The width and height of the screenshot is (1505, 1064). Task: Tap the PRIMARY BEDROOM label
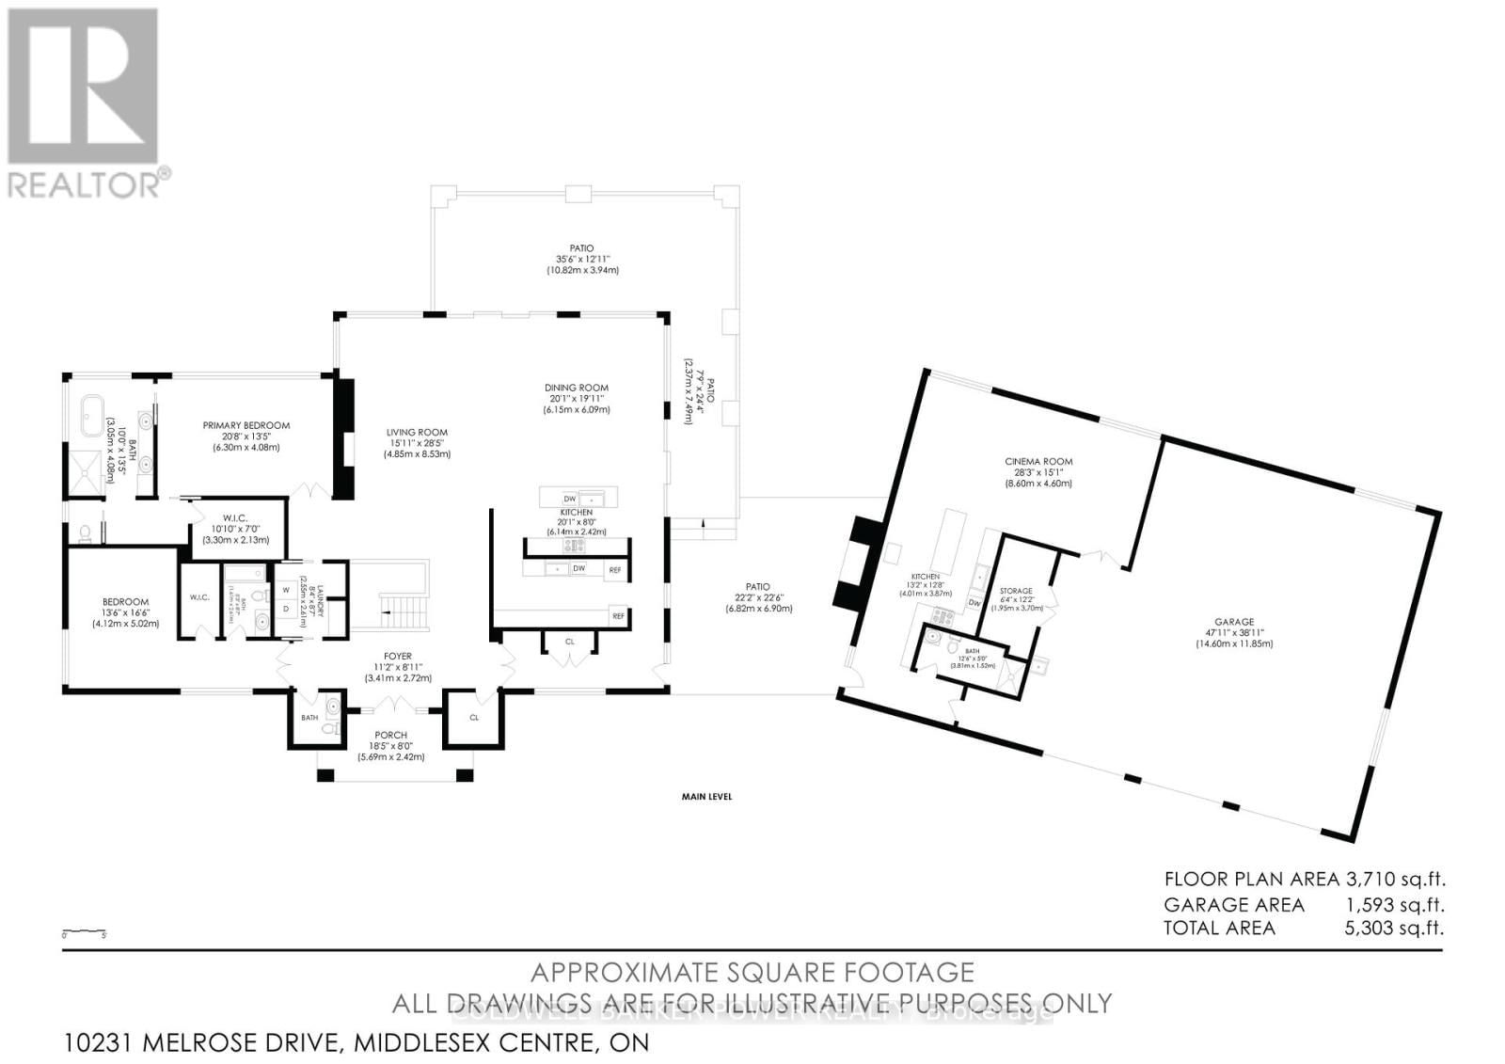(246, 425)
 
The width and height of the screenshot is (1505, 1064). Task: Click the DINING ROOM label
(576, 388)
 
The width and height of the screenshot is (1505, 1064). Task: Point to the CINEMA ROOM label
(1038, 461)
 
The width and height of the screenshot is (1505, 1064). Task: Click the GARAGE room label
(1233, 622)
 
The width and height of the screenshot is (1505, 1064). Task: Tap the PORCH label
(390, 735)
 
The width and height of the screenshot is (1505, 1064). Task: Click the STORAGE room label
(1016, 591)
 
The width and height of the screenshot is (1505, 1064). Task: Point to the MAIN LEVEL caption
(706, 797)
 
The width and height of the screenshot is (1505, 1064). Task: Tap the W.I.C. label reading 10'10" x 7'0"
(234, 517)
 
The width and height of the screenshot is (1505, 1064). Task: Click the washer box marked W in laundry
(286, 590)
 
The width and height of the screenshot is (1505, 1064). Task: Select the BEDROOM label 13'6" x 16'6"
(125, 602)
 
